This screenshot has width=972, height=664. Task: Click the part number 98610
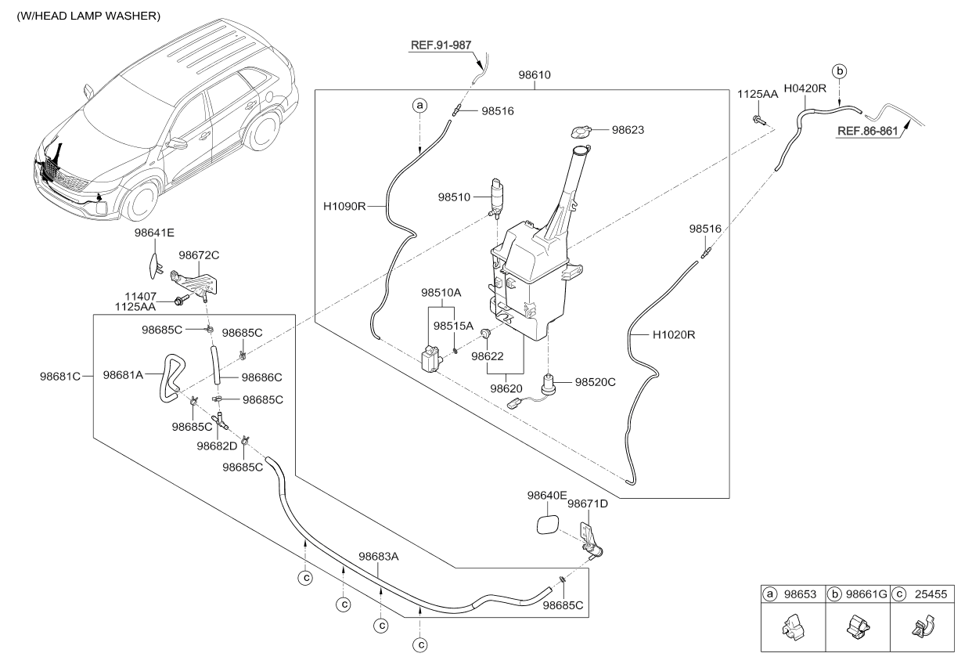535,74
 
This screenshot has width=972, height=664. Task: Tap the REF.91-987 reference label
441,45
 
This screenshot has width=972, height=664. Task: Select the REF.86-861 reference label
867,131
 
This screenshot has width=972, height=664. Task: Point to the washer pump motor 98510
495,197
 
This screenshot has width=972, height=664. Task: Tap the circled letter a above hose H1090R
419,106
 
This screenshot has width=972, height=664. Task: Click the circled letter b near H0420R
840,71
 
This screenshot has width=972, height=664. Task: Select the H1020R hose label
674,335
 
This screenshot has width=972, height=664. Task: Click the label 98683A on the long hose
378,556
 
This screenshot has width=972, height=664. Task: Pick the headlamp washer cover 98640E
548,525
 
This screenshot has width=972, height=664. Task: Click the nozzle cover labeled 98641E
155,265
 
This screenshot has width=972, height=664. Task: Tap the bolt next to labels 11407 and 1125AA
181,300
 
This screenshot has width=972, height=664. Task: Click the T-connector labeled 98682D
220,420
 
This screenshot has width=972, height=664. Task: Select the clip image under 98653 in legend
791,627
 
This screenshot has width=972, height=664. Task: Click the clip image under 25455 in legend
923,627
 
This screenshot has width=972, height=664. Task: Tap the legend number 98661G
866,594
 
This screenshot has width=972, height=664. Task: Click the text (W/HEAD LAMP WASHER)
88,16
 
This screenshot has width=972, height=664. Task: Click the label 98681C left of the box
60,376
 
